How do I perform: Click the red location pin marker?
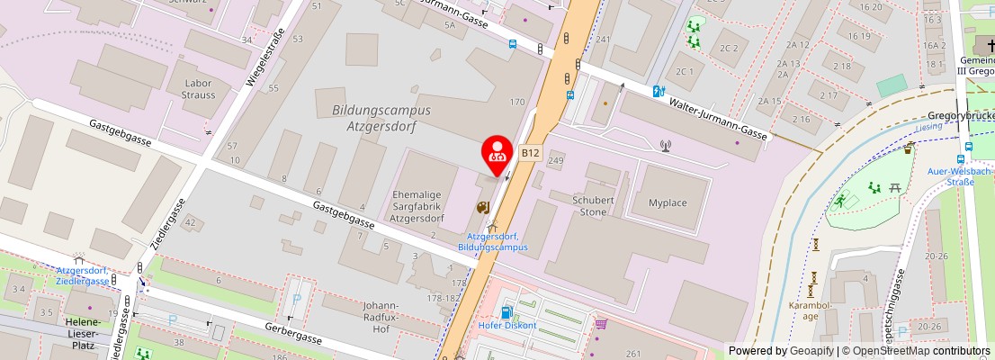(x=497, y=154)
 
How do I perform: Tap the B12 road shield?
(x=530, y=154)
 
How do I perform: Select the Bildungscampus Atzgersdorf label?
(x=381, y=117)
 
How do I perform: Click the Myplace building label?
(x=668, y=202)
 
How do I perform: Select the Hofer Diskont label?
(x=508, y=326)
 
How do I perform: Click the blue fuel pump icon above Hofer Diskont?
(x=506, y=312)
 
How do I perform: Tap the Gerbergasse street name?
(x=292, y=336)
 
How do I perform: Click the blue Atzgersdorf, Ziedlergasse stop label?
(x=83, y=275)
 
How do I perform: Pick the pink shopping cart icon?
(x=601, y=324)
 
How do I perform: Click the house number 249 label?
(x=555, y=161)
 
